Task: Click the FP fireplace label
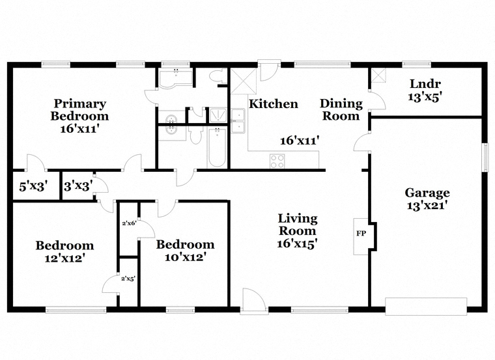point(361,234)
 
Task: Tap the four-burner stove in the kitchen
point(277,161)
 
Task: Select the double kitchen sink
point(238,121)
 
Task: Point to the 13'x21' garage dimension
point(427,206)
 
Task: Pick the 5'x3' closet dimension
point(33,186)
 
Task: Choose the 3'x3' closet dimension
point(78,186)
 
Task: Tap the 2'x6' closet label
point(129,223)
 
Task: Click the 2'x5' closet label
point(128,279)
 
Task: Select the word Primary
point(80,104)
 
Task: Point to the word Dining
point(341,104)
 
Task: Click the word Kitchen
point(274,104)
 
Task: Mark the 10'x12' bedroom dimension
point(186,257)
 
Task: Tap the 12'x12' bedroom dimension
point(64,258)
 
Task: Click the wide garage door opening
point(426,306)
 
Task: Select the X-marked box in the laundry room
point(378,76)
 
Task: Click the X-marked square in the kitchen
point(244,81)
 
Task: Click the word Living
point(298,218)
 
